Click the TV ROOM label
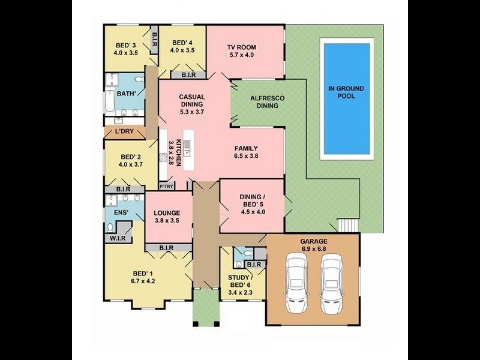pos(242,47)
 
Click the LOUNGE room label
pos(167,212)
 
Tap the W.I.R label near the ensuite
pos(118,238)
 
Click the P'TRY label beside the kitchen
pos(166,186)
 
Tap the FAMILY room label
pos(246,148)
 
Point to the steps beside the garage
pos(348,226)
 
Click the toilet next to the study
pos(239,263)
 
